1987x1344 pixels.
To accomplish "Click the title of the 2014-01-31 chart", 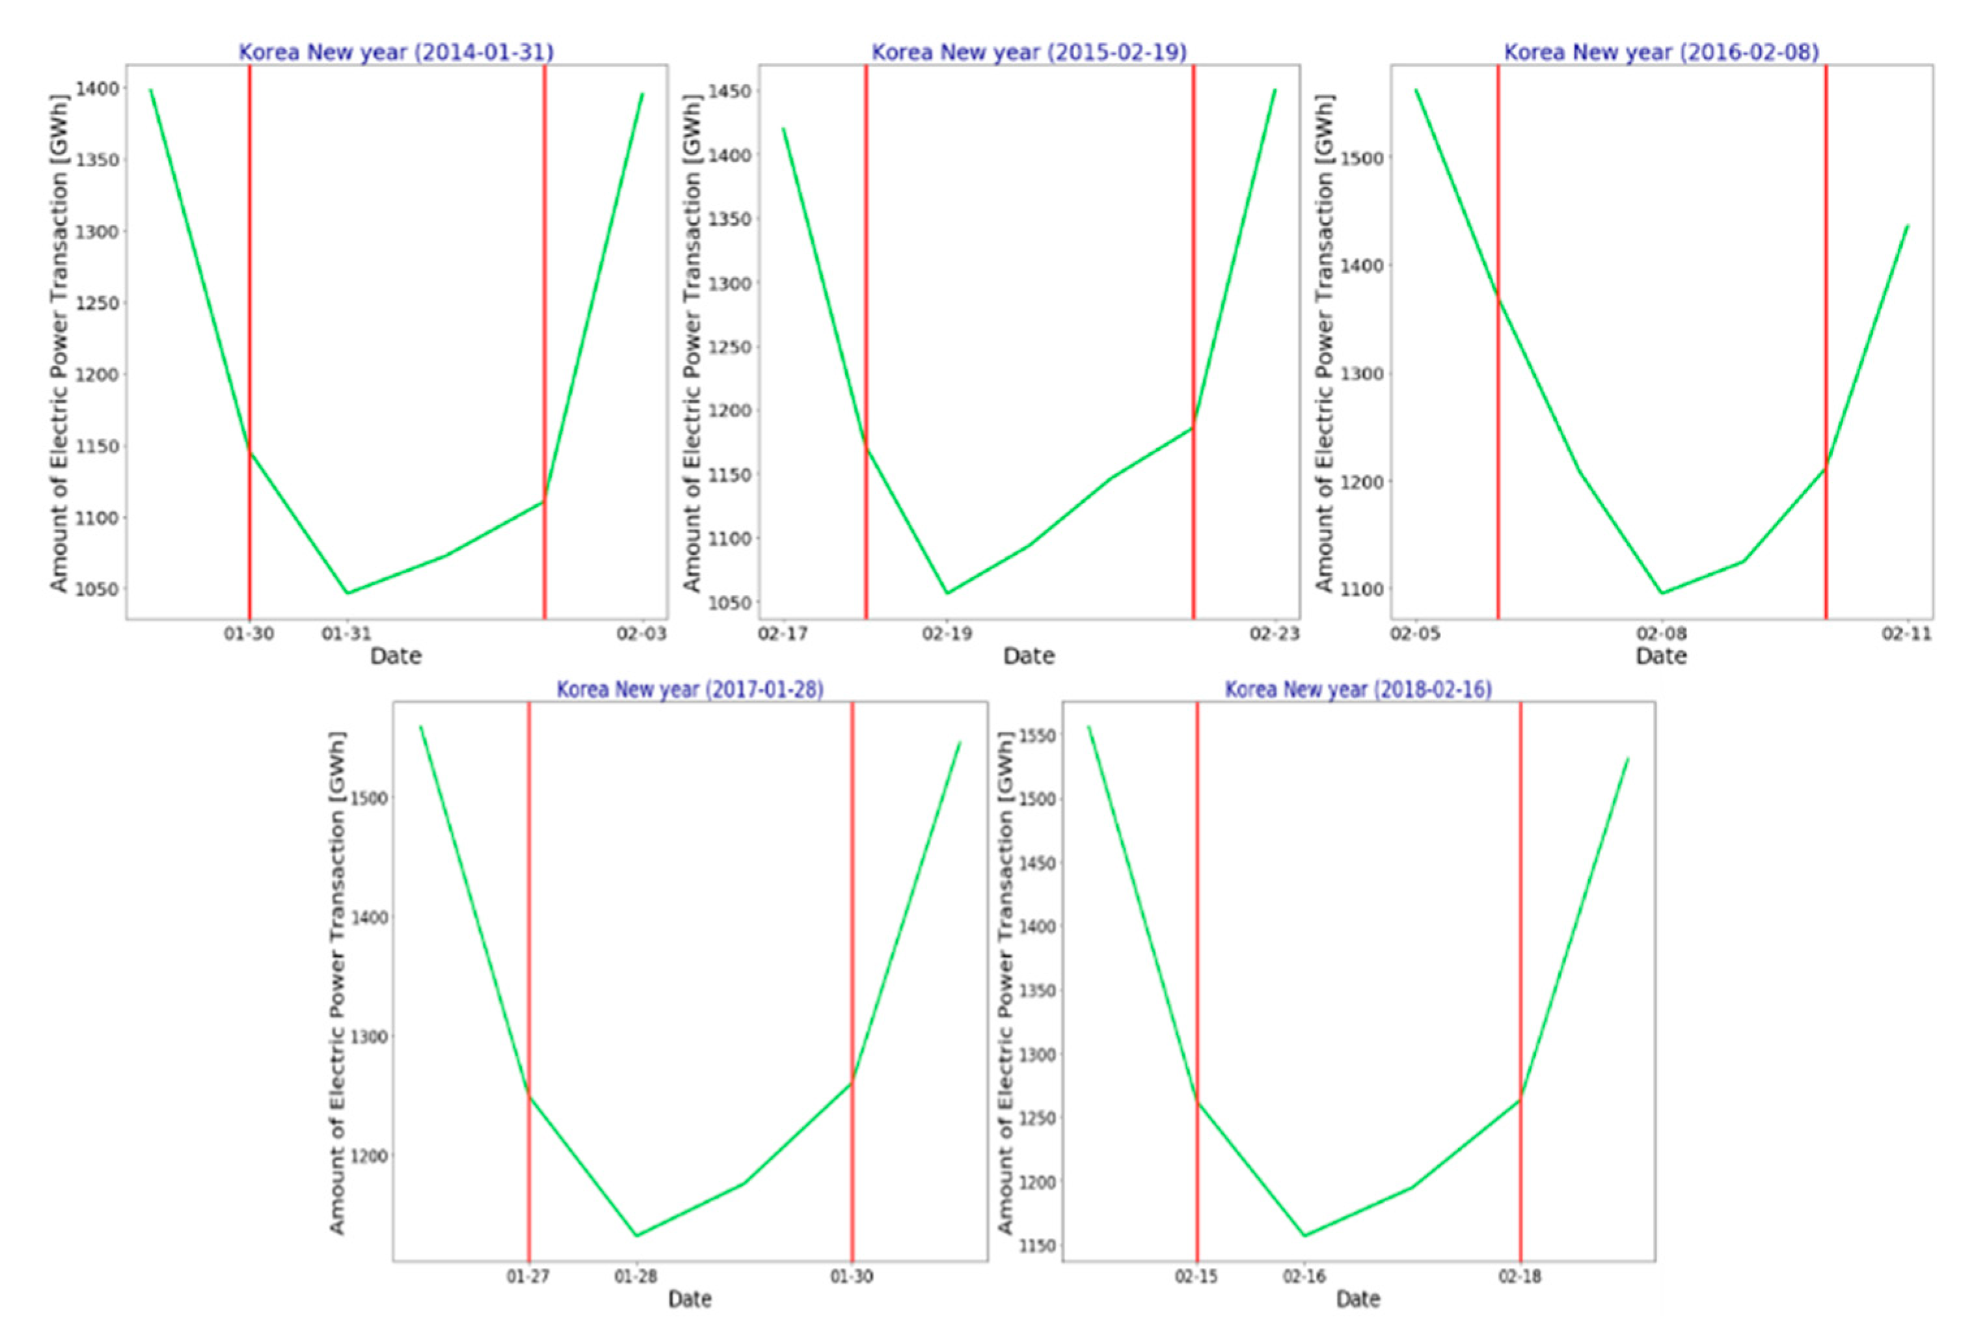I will (x=396, y=52).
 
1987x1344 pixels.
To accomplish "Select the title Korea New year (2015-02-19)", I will (x=1029, y=52).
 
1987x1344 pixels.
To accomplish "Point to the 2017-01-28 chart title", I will (x=690, y=689).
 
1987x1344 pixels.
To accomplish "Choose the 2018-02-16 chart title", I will (x=1358, y=689).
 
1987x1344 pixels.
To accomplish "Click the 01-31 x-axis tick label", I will (x=346, y=634).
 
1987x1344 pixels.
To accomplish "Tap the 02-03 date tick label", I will (x=642, y=634).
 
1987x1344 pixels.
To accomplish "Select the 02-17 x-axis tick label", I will (x=783, y=634).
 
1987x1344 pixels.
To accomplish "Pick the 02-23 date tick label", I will (x=1274, y=634).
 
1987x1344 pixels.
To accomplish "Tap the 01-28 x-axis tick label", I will (x=635, y=1276).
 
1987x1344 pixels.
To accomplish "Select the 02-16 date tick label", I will (x=1304, y=1276).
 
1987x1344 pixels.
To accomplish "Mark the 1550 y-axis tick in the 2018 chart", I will (x=1036, y=735).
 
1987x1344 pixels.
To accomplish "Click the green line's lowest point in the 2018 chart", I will (x=1304, y=1235).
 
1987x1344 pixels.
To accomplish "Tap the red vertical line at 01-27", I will (x=528, y=941).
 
